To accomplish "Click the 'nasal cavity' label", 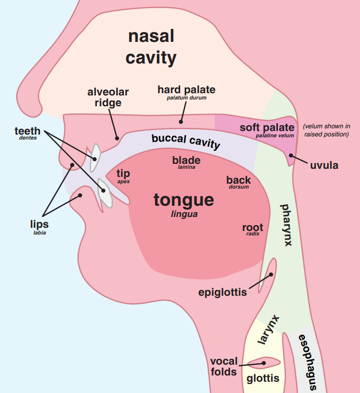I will tap(151, 47).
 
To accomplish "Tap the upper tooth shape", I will tap(95, 158).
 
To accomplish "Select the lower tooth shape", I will tap(105, 194).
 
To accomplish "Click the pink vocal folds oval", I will tap(264, 362).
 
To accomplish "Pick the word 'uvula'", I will tap(324, 165).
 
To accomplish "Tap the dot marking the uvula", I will tap(291, 156).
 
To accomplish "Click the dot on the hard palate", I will tap(181, 121).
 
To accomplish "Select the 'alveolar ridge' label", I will tap(108, 97).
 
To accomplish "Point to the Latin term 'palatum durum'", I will tap(187, 98).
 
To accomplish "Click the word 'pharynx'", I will tap(286, 225).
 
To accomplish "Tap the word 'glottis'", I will tap(263, 378).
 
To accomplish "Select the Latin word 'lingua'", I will tap(184, 214).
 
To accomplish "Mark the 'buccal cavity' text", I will tap(186, 141).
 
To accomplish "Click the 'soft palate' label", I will tap(267, 127).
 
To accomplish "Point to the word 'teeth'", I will tap(27, 131).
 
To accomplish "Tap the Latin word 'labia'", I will tap(40, 233).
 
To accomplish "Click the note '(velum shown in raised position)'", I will tap(327, 130).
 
